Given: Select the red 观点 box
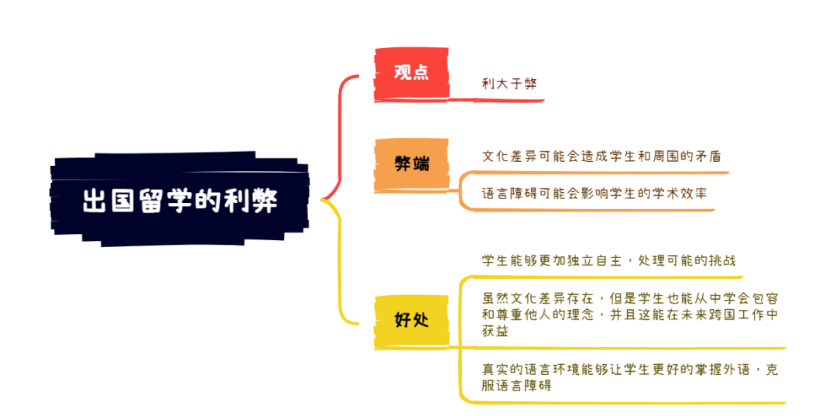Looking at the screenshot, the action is [411, 73].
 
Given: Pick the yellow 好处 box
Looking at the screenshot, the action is [411, 321].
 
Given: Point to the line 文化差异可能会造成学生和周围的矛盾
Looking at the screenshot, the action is [601, 156].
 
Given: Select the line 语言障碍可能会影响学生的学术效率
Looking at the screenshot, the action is [594, 193].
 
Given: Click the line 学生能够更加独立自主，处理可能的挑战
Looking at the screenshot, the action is [608, 261].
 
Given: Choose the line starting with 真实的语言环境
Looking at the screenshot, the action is [630, 369].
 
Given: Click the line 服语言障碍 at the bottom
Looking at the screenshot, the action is [516, 386].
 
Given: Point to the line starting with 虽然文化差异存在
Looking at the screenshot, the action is [630, 297].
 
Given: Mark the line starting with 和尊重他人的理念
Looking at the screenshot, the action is [630, 315].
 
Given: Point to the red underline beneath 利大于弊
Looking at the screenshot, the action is [496, 100].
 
